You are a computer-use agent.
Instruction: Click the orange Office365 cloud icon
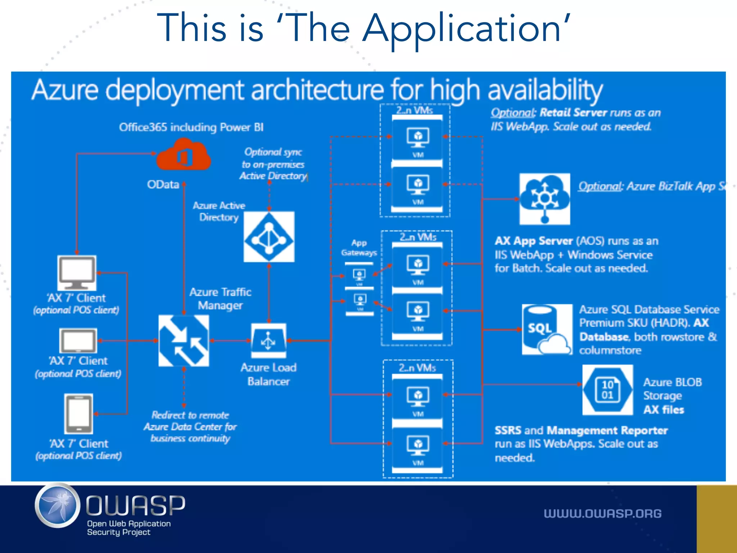pyautogui.click(x=184, y=156)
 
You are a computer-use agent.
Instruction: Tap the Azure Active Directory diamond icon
pyautogui.click(x=269, y=237)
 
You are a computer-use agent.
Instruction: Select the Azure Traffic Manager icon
pyautogui.click(x=184, y=341)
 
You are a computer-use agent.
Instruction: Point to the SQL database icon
pyautogui.click(x=547, y=329)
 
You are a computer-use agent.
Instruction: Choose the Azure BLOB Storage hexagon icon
pyautogui.click(x=607, y=390)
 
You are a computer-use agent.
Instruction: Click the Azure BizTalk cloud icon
pyautogui.click(x=544, y=199)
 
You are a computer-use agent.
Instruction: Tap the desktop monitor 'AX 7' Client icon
pyautogui.click(x=77, y=273)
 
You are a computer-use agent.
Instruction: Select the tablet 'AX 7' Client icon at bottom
pyautogui.click(x=78, y=414)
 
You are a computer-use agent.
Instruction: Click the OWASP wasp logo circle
pyautogui.click(x=58, y=505)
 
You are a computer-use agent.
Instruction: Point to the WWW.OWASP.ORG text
pyautogui.click(x=602, y=513)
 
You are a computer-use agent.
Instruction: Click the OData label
pyautogui.click(x=163, y=184)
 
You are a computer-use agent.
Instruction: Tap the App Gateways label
pyautogui.click(x=359, y=248)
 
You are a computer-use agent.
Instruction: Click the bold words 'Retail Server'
pyautogui.click(x=573, y=113)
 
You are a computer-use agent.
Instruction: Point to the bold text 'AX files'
pyautogui.click(x=664, y=410)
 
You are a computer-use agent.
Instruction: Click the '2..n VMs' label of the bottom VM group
pyautogui.click(x=417, y=368)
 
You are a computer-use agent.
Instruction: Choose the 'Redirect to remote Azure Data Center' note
pyautogui.click(x=190, y=427)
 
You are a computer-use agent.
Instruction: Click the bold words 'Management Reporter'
pyautogui.click(x=607, y=430)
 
